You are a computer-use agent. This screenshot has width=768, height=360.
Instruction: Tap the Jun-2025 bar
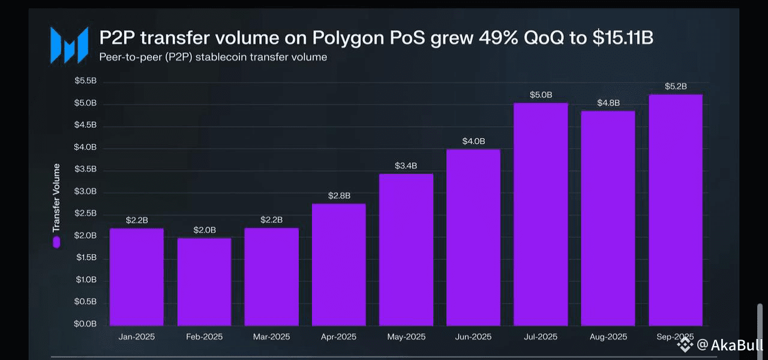473,236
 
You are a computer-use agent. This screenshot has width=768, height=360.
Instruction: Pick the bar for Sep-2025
675,209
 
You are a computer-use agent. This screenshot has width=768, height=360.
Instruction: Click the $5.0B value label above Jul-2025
541,95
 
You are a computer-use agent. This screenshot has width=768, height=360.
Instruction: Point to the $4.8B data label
608,103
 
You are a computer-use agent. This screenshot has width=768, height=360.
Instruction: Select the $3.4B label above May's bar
406,166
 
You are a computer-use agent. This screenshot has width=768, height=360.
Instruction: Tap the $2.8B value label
339,196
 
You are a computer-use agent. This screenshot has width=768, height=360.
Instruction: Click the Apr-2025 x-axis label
338,337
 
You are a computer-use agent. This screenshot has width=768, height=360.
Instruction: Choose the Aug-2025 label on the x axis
608,337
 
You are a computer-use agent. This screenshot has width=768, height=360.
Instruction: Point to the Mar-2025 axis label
271,337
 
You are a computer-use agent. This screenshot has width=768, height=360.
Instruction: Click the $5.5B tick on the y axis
86,81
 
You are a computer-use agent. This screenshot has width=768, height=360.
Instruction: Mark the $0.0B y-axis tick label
86,324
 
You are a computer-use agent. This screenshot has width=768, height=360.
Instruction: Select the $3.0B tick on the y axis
86,191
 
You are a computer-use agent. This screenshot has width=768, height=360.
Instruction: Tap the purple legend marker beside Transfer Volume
56,242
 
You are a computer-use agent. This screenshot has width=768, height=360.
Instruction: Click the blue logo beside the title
69,45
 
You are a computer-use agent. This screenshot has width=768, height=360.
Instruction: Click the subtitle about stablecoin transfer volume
213,58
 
